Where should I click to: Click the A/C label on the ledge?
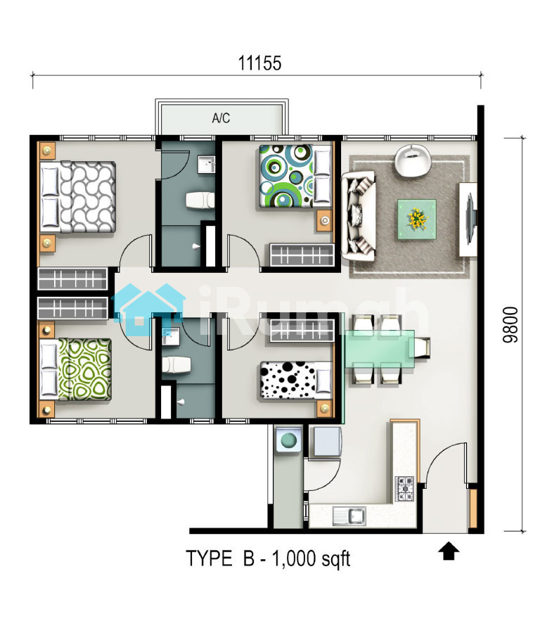221,118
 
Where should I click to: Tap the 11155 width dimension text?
259,63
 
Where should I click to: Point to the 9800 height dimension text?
510,324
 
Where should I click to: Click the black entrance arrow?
449,551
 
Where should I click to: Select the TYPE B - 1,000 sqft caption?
268,559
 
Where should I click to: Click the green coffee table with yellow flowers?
417,219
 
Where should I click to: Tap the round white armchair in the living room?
413,160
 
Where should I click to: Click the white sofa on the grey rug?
359,215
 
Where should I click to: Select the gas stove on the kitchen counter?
405,489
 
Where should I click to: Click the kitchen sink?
349,516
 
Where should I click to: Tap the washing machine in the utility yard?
288,439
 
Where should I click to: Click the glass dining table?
380,349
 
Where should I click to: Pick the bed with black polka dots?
295,380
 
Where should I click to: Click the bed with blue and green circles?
295,176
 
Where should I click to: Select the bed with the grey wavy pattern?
78,196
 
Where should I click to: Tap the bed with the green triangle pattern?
76,369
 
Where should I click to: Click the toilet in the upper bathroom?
200,200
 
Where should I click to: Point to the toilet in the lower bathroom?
176,365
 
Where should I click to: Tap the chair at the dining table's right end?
422,347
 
